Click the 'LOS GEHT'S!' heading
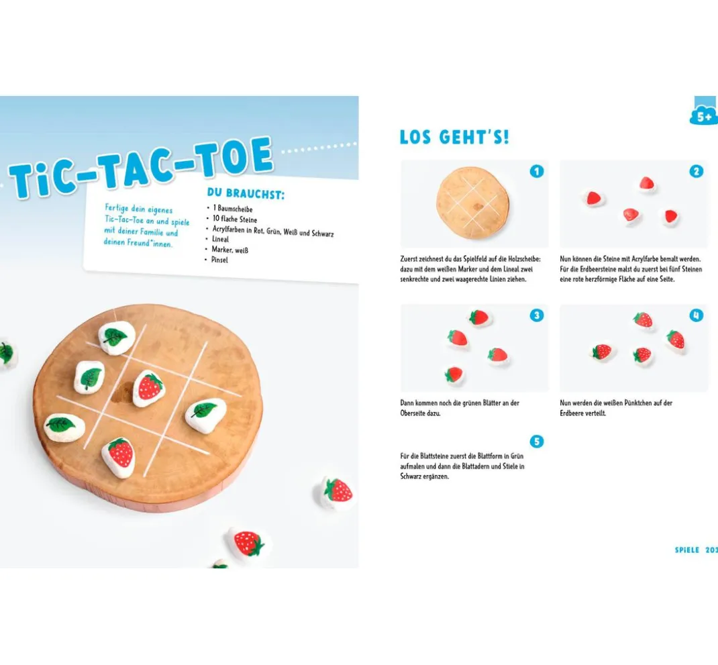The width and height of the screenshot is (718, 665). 454,137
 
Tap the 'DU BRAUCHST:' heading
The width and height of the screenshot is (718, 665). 246,194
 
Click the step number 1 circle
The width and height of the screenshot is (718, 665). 537,171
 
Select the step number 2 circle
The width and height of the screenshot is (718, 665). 696,171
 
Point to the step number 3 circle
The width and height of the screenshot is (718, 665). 537,315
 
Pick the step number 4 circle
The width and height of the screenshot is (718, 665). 696,315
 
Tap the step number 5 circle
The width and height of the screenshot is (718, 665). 537,442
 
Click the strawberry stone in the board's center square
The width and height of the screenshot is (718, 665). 148,388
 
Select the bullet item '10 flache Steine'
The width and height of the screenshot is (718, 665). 234,219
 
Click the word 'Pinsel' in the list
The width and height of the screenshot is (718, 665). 219,260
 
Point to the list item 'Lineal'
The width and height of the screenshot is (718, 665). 220,239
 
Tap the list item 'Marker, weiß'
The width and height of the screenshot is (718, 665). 230,250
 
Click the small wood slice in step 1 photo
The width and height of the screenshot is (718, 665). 472,203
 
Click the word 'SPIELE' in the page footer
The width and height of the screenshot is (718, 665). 687,550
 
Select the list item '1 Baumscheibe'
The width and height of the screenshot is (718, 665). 233,209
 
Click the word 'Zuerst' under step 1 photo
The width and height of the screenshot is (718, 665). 409,259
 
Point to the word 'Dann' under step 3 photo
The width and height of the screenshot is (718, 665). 407,403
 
